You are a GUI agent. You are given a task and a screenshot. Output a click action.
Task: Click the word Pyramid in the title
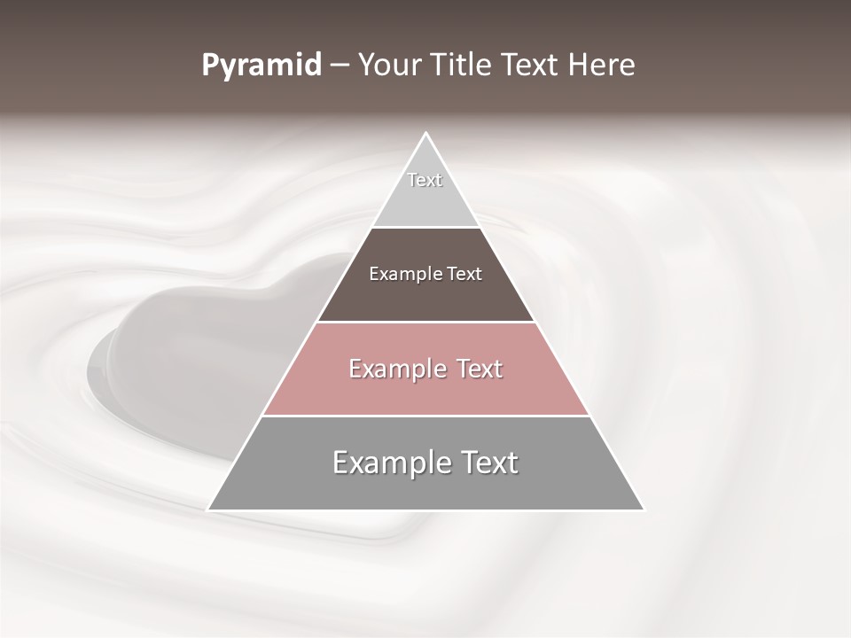(x=262, y=66)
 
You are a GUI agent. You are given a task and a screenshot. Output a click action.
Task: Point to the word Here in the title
(x=603, y=66)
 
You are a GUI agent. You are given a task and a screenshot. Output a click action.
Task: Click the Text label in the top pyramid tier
(x=425, y=180)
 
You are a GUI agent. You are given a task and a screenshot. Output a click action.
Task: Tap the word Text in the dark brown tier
(x=464, y=274)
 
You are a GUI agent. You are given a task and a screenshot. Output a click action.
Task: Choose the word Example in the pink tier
(x=394, y=369)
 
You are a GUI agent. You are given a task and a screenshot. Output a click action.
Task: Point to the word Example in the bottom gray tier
(x=388, y=463)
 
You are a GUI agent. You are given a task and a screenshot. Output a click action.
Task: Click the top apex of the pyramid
(x=425, y=135)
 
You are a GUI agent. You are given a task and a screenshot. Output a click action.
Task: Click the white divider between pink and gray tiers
(x=425, y=416)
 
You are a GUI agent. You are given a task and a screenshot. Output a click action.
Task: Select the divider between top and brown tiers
(x=425, y=227)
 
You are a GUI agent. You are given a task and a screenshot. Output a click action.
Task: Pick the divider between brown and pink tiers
(x=425, y=322)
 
